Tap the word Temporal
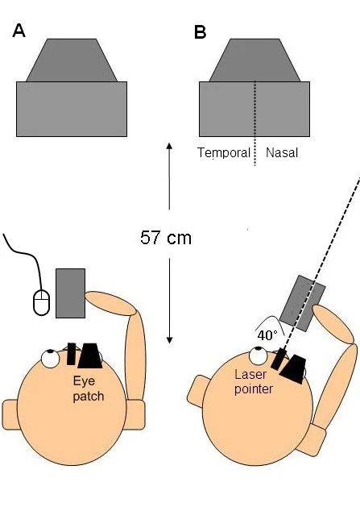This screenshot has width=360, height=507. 224,152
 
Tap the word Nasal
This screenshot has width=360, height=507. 282,152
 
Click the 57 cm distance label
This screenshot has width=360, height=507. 166,238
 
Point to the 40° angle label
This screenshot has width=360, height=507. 267,334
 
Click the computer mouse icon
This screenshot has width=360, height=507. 41,301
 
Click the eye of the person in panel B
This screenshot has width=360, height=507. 259,354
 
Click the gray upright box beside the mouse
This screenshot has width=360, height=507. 70,293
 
